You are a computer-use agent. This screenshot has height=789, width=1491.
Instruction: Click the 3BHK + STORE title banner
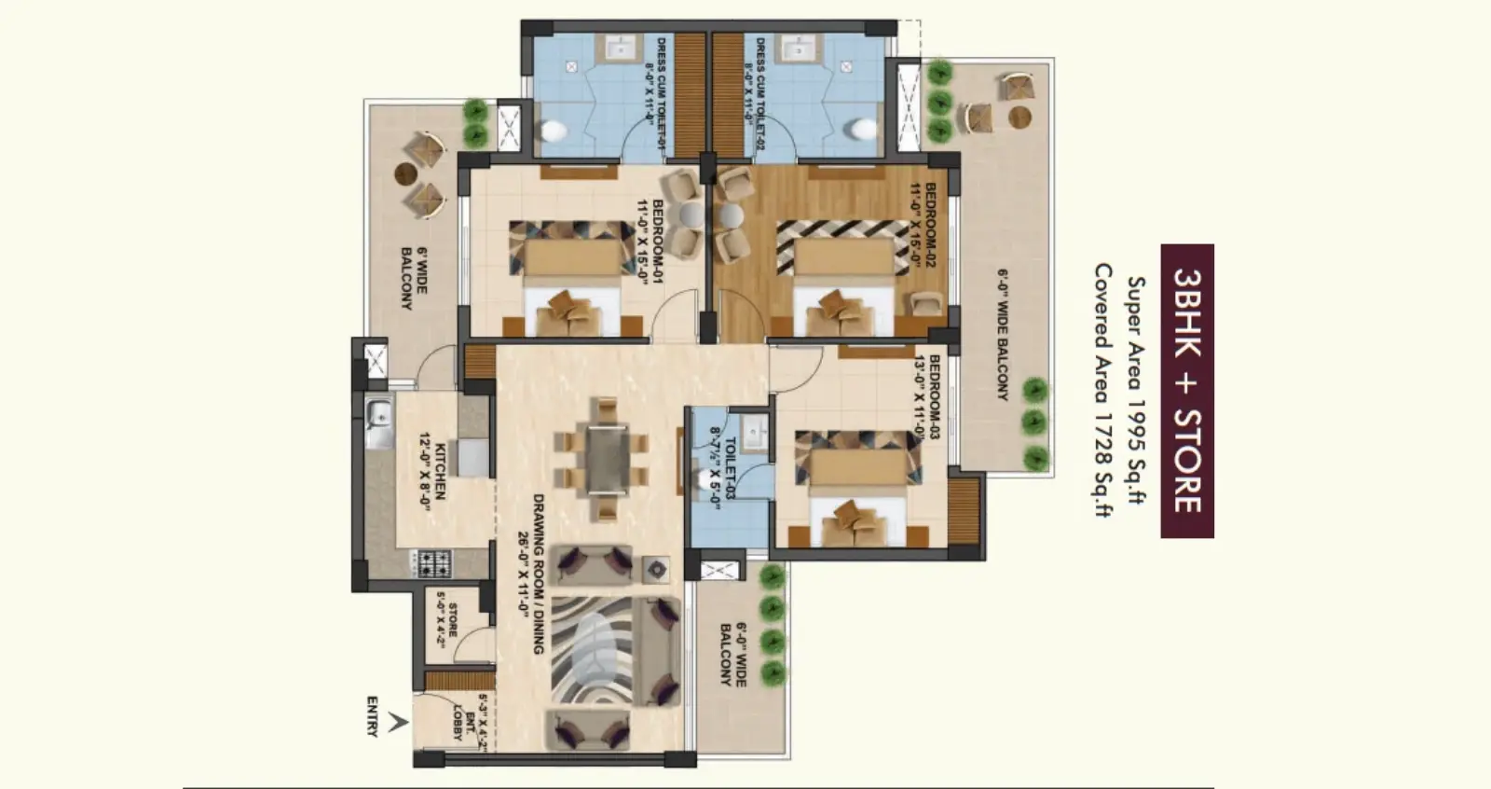pyautogui.click(x=1186, y=391)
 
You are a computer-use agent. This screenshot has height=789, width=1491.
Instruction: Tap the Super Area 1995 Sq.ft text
pyautogui.click(x=1136, y=391)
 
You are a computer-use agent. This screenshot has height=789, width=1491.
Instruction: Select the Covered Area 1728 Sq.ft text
pyautogui.click(x=1102, y=391)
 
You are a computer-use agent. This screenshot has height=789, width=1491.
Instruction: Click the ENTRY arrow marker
pyautogui.click(x=398, y=721)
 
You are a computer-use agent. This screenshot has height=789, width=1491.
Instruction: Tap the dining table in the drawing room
pyautogui.click(x=607, y=457)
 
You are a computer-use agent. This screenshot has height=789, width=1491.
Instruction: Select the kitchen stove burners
pyautogui.click(x=433, y=562)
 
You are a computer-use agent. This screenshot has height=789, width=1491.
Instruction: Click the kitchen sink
pyautogui.click(x=379, y=422)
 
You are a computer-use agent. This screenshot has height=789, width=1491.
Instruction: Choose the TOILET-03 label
pyautogui.click(x=723, y=471)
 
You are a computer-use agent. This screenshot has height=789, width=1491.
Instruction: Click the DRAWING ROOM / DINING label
pyautogui.click(x=531, y=574)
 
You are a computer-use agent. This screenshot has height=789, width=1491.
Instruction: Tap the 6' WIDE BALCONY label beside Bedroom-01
pyautogui.click(x=414, y=278)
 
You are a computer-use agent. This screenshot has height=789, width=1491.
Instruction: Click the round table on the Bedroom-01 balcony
pyautogui.click(x=404, y=173)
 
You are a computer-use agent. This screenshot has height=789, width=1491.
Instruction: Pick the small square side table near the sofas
pyautogui.click(x=654, y=568)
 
